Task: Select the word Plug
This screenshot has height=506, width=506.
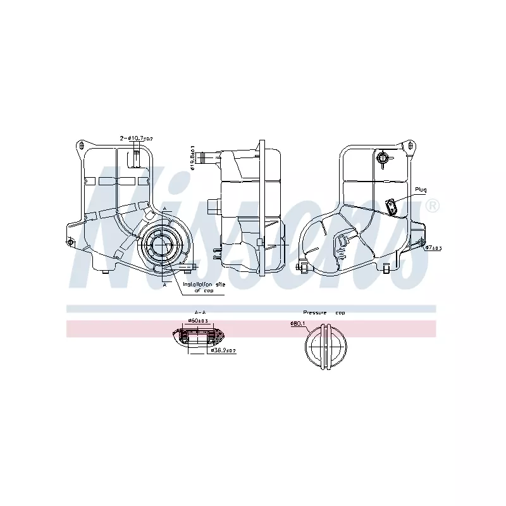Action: coord(421,189)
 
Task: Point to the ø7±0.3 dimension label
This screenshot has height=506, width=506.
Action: coord(433,248)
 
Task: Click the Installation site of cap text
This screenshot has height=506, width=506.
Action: coord(202,288)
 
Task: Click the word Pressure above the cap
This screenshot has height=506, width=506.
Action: coord(314,312)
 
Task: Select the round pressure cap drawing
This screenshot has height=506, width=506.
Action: coord(326,347)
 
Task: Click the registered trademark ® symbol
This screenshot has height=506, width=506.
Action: coord(433,206)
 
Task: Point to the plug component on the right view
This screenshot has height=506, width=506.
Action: coord(392,206)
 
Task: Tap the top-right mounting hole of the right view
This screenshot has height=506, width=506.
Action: coord(413,145)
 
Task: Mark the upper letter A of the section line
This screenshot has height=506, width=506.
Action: coord(164,208)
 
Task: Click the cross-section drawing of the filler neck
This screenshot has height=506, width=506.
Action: coord(197,336)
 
